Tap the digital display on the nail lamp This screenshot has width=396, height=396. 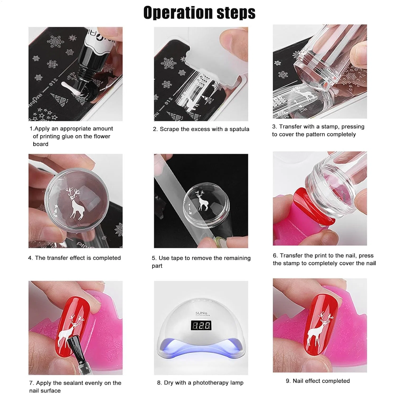pyautogui.click(x=201, y=325)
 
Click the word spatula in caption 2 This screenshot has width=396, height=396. pyautogui.click(x=239, y=129)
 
